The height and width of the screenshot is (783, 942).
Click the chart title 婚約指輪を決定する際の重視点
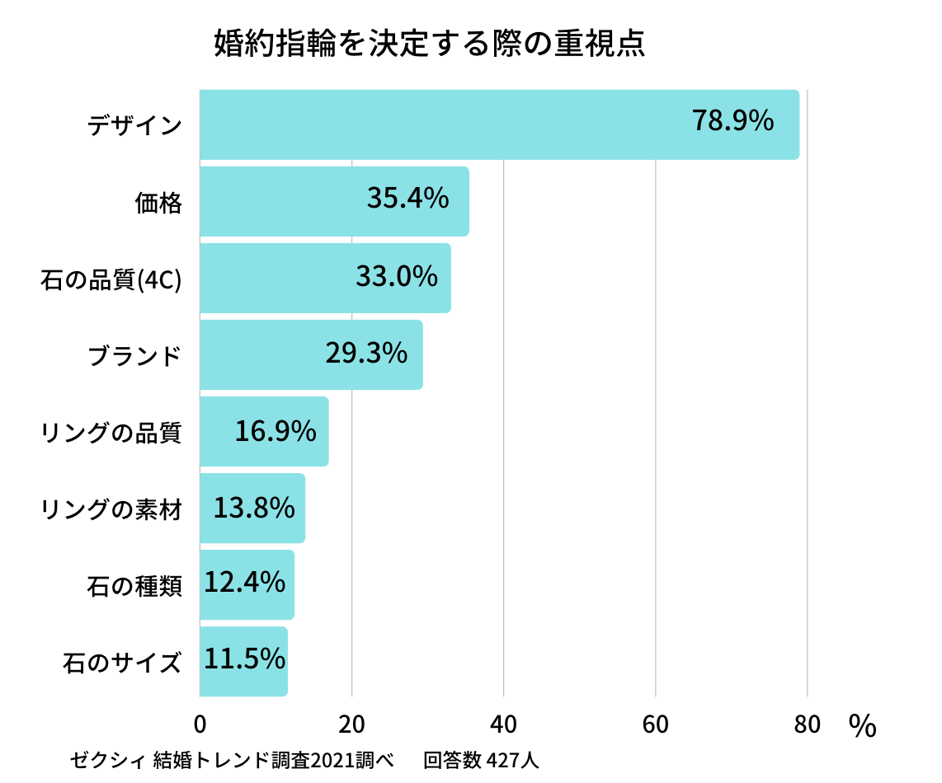(x=429, y=45)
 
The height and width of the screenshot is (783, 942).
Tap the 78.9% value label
(x=732, y=121)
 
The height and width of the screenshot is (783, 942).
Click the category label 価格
(x=158, y=202)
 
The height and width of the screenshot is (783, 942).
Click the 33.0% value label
(x=397, y=276)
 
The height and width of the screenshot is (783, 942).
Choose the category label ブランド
(x=134, y=355)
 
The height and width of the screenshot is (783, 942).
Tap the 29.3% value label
(x=366, y=353)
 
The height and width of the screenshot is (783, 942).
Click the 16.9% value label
(x=276, y=430)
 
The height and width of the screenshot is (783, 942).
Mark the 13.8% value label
(x=254, y=508)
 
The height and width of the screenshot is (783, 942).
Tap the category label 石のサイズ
(x=122, y=663)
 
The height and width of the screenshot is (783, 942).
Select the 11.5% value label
(x=244, y=659)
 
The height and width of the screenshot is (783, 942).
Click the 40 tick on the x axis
(x=503, y=724)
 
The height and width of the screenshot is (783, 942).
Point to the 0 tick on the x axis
(x=200, y=724)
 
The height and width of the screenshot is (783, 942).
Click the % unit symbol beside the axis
(x=862, y=726)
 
